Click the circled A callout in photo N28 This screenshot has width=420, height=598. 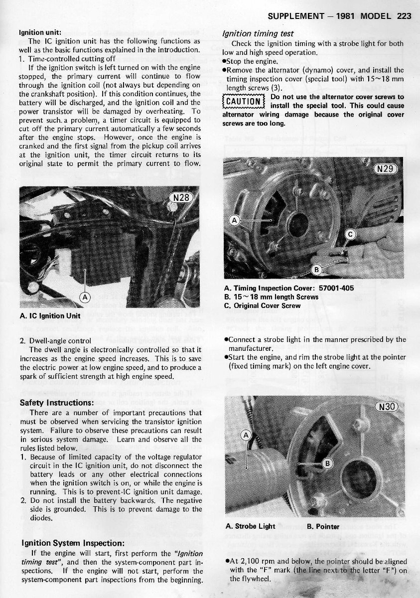[86, 298]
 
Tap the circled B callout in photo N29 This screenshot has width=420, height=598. [315, 270]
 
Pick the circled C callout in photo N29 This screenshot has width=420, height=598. [350, 234]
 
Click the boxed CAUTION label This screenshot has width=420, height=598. [243, 102]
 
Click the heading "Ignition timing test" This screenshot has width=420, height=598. [258, 34]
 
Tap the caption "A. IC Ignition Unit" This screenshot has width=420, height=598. [50, 315]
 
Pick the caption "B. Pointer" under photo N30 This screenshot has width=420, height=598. [323, 526]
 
